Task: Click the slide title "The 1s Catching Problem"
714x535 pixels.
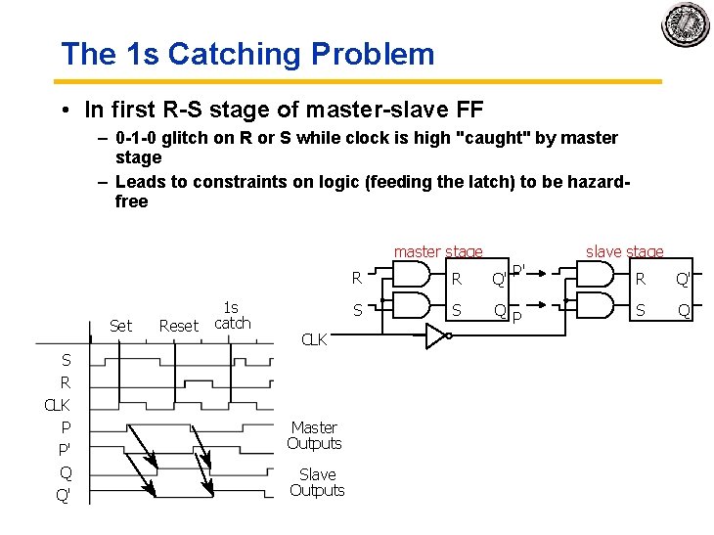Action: [247, 54]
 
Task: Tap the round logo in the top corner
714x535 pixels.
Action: [685, 24]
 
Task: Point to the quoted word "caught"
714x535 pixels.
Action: [495, 138]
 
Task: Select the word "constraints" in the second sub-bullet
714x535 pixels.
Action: [211, 182]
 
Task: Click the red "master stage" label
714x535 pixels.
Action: [437, 252]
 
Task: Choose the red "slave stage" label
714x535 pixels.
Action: [624, 252]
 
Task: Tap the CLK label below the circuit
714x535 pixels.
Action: [314, 340]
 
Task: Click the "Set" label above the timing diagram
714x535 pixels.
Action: [120, 326]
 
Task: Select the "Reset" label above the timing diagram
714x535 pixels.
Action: [178, 326]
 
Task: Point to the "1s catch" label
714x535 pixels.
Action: [232, 316]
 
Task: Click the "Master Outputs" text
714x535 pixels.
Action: [314, 435]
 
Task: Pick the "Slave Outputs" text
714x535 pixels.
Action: [317, 482]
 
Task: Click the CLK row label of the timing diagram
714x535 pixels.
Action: [58, 404]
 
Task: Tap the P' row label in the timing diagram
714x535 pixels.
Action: [64, 449]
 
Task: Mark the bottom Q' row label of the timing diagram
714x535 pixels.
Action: [64, 495]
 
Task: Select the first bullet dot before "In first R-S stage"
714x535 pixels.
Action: [61, 107]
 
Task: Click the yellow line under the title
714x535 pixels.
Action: [361, 81]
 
